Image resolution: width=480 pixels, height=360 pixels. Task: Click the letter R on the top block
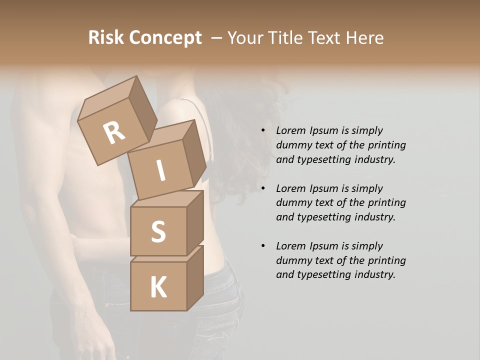coord(114,132)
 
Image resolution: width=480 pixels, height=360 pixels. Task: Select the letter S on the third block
coord(158,231)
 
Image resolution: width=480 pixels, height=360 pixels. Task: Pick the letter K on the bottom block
coord(158,287)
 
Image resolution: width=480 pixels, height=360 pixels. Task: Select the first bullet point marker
coord(263,131)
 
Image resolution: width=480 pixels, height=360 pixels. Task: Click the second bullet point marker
coord(263,188)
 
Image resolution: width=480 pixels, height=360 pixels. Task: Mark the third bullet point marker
coord(263,246)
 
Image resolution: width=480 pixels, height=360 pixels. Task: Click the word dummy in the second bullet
coord(292,203)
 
